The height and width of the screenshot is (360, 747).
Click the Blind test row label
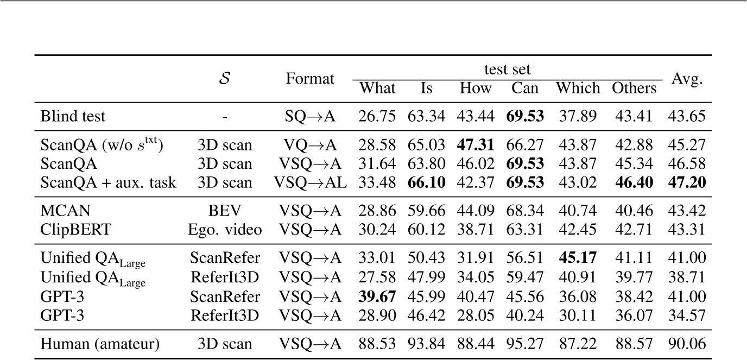click(x=73, y=116)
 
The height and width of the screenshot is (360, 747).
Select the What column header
click(x=378, y=88)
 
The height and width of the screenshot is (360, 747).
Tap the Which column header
click(x=578, y=88)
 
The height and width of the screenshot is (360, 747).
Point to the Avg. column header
click(x=687, y=79)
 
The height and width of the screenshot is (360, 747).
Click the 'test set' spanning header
click(x=507, y=70)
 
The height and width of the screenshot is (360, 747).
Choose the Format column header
click(x=310, y=79)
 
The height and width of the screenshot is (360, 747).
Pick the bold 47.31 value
click(x=476, y=146)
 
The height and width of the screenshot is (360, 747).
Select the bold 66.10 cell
click(x=427, y=182)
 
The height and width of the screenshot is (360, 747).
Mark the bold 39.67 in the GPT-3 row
click(x=378, y=296)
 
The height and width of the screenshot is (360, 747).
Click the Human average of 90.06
click(x=687, y=343)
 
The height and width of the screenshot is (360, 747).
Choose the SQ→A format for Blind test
click(x=310, y=116)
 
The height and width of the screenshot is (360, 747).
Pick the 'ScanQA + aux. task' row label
click(x=109, y=182)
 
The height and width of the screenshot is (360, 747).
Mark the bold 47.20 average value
click(x=687, y=182)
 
